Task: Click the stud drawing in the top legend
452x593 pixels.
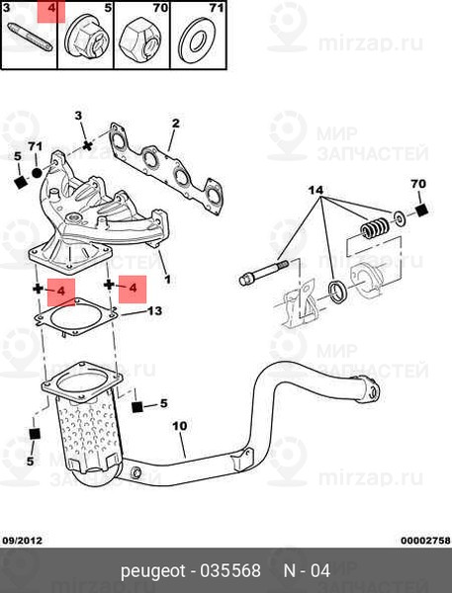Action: (29, 38)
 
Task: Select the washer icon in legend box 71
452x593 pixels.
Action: (197, 40)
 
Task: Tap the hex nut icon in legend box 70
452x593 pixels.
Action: (141, 40)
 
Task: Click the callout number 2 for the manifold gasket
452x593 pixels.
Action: (175, 124)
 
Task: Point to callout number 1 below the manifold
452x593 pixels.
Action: (167, 280)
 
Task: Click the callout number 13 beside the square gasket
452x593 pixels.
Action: (154, 311)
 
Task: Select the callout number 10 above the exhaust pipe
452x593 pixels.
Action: (179, 426)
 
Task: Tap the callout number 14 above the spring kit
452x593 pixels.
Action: (316, 190)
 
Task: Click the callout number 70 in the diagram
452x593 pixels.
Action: (418, 184)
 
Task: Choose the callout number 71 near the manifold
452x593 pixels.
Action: (36, 146)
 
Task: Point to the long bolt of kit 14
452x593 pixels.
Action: (264, 271)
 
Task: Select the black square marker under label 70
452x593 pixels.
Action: (421, 211)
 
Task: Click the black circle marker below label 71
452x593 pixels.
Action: (37, 173)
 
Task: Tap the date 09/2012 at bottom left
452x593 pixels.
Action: (23, 541)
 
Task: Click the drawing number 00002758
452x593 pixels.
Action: (425, 541)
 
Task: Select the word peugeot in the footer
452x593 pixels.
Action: (153, 570)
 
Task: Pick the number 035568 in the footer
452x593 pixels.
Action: (230, 570)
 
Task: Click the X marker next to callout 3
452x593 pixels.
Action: (88, 145)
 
